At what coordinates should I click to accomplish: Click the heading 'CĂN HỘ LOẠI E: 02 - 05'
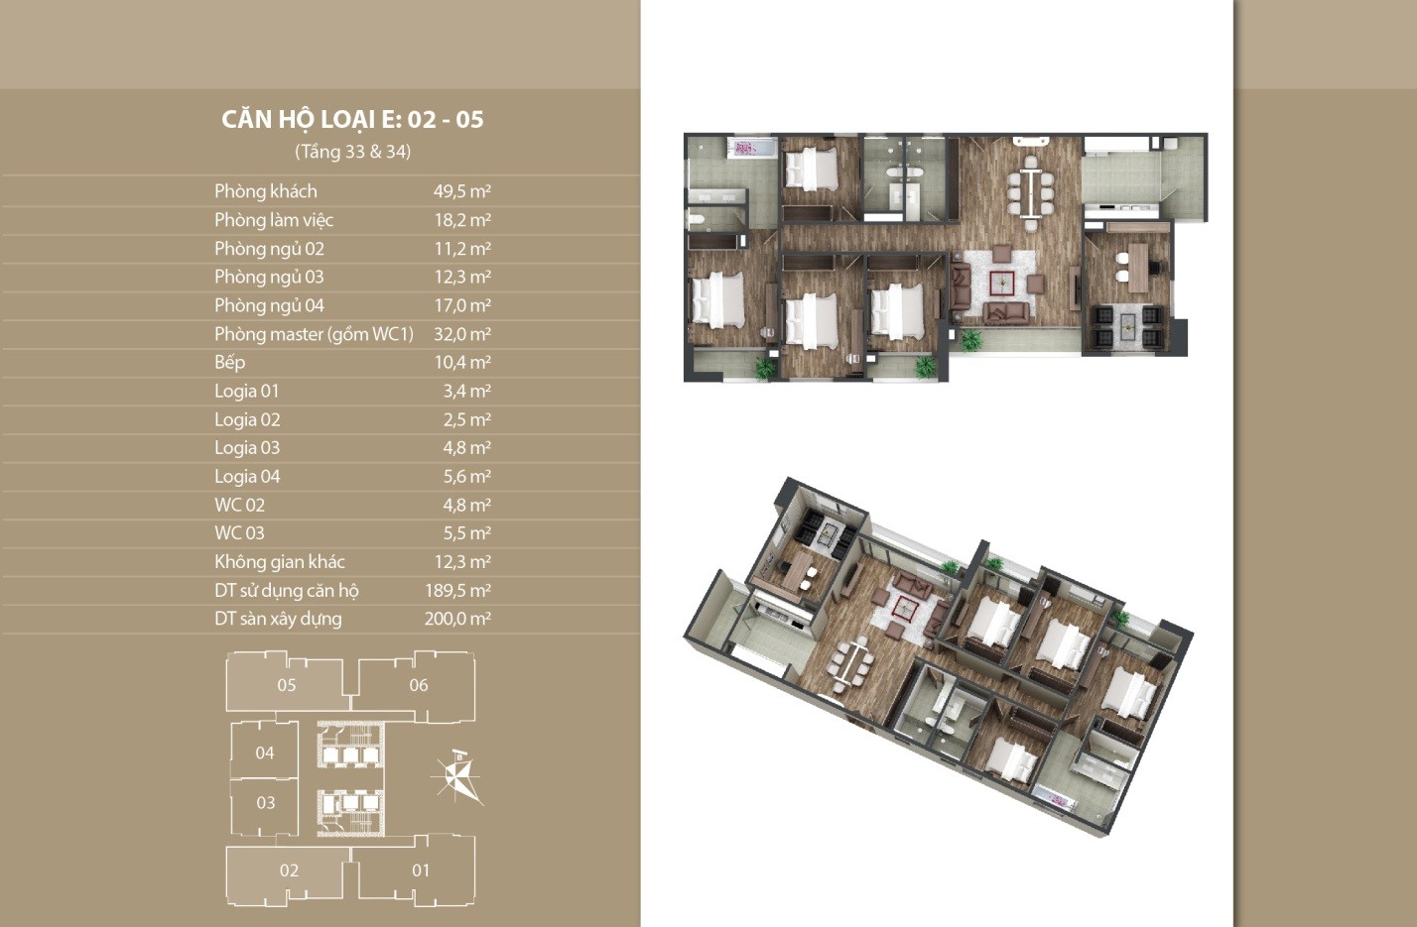coord(352,119)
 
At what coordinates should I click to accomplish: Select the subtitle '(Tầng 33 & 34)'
coord(352,152)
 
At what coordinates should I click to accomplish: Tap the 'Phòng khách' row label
coord(266,190)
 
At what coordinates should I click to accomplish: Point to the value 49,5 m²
coord(461,190)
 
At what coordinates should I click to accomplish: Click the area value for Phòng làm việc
coord(461,220)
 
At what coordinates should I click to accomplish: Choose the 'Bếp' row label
coord(229,362)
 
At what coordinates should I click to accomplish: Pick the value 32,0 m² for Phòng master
coord(461,334)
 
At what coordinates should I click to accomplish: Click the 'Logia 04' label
coord(247,477)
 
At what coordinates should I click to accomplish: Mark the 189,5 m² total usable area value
coord(458,590)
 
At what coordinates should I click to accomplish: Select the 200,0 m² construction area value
coord(458,619)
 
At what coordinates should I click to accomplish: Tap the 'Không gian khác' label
coord(280,562)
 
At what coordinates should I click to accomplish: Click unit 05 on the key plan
coord(287,685)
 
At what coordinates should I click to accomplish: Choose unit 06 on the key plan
coord(418,685)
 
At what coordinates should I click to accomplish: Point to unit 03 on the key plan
coord(265,803)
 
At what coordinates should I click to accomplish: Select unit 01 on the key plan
coord(421,870)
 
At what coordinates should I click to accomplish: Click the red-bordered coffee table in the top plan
coord(1003,284)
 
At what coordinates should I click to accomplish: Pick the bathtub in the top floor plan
coord(751,149)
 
